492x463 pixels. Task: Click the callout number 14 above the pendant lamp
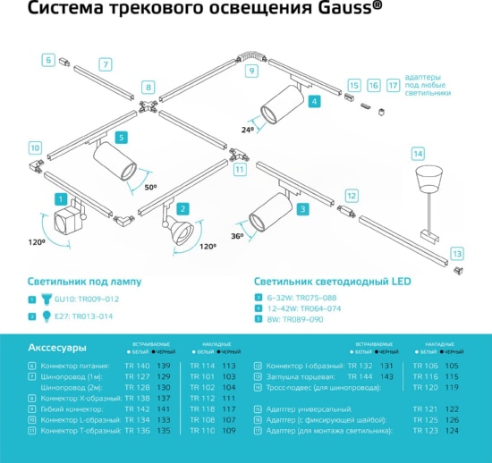[418, 154]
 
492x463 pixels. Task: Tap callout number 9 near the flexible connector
[251, 70]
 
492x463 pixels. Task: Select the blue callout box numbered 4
[314, 102]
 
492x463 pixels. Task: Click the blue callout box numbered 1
[60, 199]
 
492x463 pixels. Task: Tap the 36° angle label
[238, 236]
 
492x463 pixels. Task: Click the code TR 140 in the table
[137, 366]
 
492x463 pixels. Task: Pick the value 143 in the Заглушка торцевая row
[386, 377]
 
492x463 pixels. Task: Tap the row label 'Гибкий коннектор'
[74, 408]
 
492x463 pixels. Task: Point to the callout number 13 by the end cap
[458, 254]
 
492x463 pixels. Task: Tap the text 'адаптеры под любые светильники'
[428, 85]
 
